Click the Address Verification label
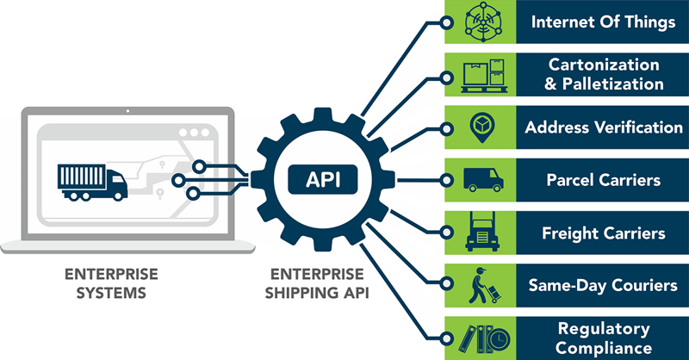pyautogui.click(x=604, y=127)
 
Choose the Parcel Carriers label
pyautogui.click(x=603, y=181)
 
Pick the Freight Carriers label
pyautogui.click(x=603, y=233)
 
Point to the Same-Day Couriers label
pyautogui.click(x=603, y=286)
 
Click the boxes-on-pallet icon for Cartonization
pyautogui.click(x=481, y=75)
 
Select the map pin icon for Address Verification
pyautogui.click(x=481, y=127)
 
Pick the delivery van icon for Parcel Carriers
pyautogui.click(x=481, y=180)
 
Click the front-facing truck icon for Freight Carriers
pyautogui.click(x=481, y=233)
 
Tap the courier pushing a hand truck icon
pyautogui.click(x=481, y=286)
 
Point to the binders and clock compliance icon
pyautogui.click(x=481, y=338)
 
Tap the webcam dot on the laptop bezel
pyautogui.click(x=126, y=113)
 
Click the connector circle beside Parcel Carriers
pyautogui.click(x=446, y=180)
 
